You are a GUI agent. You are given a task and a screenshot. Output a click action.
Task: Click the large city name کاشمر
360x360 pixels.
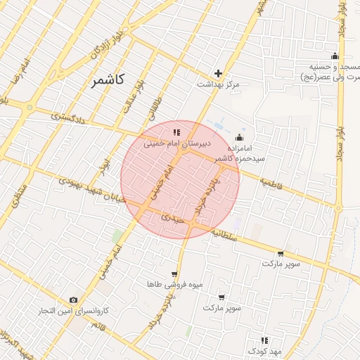108,80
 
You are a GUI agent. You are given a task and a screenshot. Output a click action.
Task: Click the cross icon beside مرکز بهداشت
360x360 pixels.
219,73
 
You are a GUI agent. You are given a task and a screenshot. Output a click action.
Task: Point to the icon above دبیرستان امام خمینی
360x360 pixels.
176,131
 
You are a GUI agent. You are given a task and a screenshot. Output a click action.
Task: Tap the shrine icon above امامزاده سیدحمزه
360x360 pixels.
240,137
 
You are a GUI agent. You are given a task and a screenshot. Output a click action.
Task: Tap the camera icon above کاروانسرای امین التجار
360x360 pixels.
73,300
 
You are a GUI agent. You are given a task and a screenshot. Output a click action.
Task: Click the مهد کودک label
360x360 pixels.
264,350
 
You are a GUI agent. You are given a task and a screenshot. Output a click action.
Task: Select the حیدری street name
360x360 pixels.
172,218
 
